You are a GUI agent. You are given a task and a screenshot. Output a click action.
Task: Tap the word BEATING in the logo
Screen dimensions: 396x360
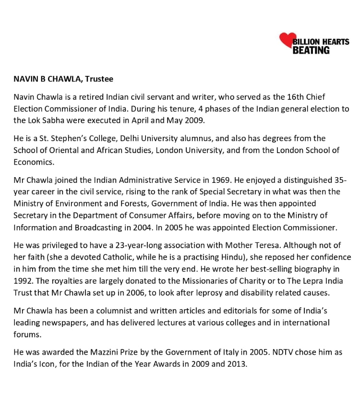click(x=311, y=50)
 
